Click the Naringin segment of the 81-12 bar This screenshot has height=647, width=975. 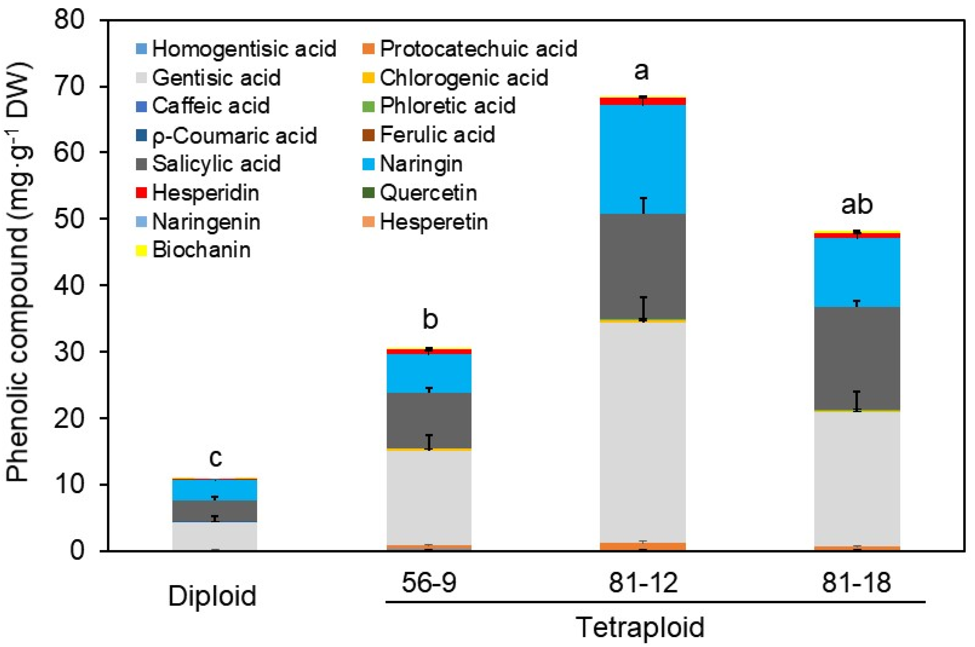point(642,159)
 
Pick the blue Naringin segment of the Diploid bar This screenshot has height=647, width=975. point(214,490)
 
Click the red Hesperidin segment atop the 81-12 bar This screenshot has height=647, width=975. point(642,101)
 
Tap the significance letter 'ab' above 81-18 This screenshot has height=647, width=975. point(856,205)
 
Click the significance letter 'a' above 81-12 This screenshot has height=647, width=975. point(641,71)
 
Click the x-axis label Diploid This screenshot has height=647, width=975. point(213,596)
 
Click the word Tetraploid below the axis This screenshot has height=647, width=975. point(640,628)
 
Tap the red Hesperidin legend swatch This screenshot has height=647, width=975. point(142,193)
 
